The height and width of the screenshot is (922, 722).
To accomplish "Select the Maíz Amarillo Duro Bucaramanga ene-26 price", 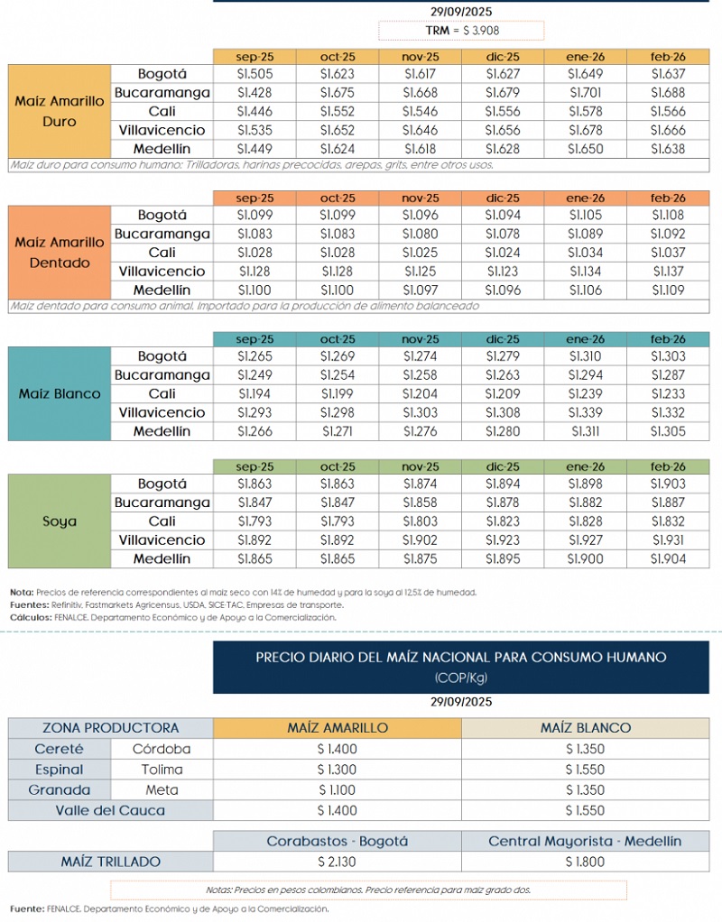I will click(586, 92).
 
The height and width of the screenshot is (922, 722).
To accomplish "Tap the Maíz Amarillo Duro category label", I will click(60, 112).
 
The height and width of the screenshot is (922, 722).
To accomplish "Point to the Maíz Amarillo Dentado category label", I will click(60, 253).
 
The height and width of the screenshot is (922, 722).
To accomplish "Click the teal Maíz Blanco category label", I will click(60, 393).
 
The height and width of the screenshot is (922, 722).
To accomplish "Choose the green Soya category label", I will click(60, 521).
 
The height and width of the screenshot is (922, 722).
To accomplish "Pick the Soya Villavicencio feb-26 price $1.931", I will click(668, 540).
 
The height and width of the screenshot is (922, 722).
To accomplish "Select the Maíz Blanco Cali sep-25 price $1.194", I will click(255, 394).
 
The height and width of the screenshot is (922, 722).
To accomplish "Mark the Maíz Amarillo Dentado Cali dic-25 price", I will click(503, 253).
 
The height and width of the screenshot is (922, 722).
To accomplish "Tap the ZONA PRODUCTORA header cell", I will click(111, 728).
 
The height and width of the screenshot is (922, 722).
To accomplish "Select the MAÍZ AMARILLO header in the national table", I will click(338, 728).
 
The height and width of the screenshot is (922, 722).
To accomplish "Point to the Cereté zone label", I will click(59, 749).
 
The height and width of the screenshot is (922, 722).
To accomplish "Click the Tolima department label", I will click(162, 770).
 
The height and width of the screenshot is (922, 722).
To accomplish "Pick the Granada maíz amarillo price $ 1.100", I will click(338, 790).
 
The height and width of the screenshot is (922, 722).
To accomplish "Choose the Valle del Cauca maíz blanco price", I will click(585, 810).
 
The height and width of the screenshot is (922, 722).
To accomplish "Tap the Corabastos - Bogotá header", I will click(338, 841).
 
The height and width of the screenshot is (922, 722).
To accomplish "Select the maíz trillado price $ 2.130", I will click(338, 862).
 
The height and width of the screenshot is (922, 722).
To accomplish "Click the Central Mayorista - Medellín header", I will click(585, 841).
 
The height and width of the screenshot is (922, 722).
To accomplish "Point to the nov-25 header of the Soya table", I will click(420, 467).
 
